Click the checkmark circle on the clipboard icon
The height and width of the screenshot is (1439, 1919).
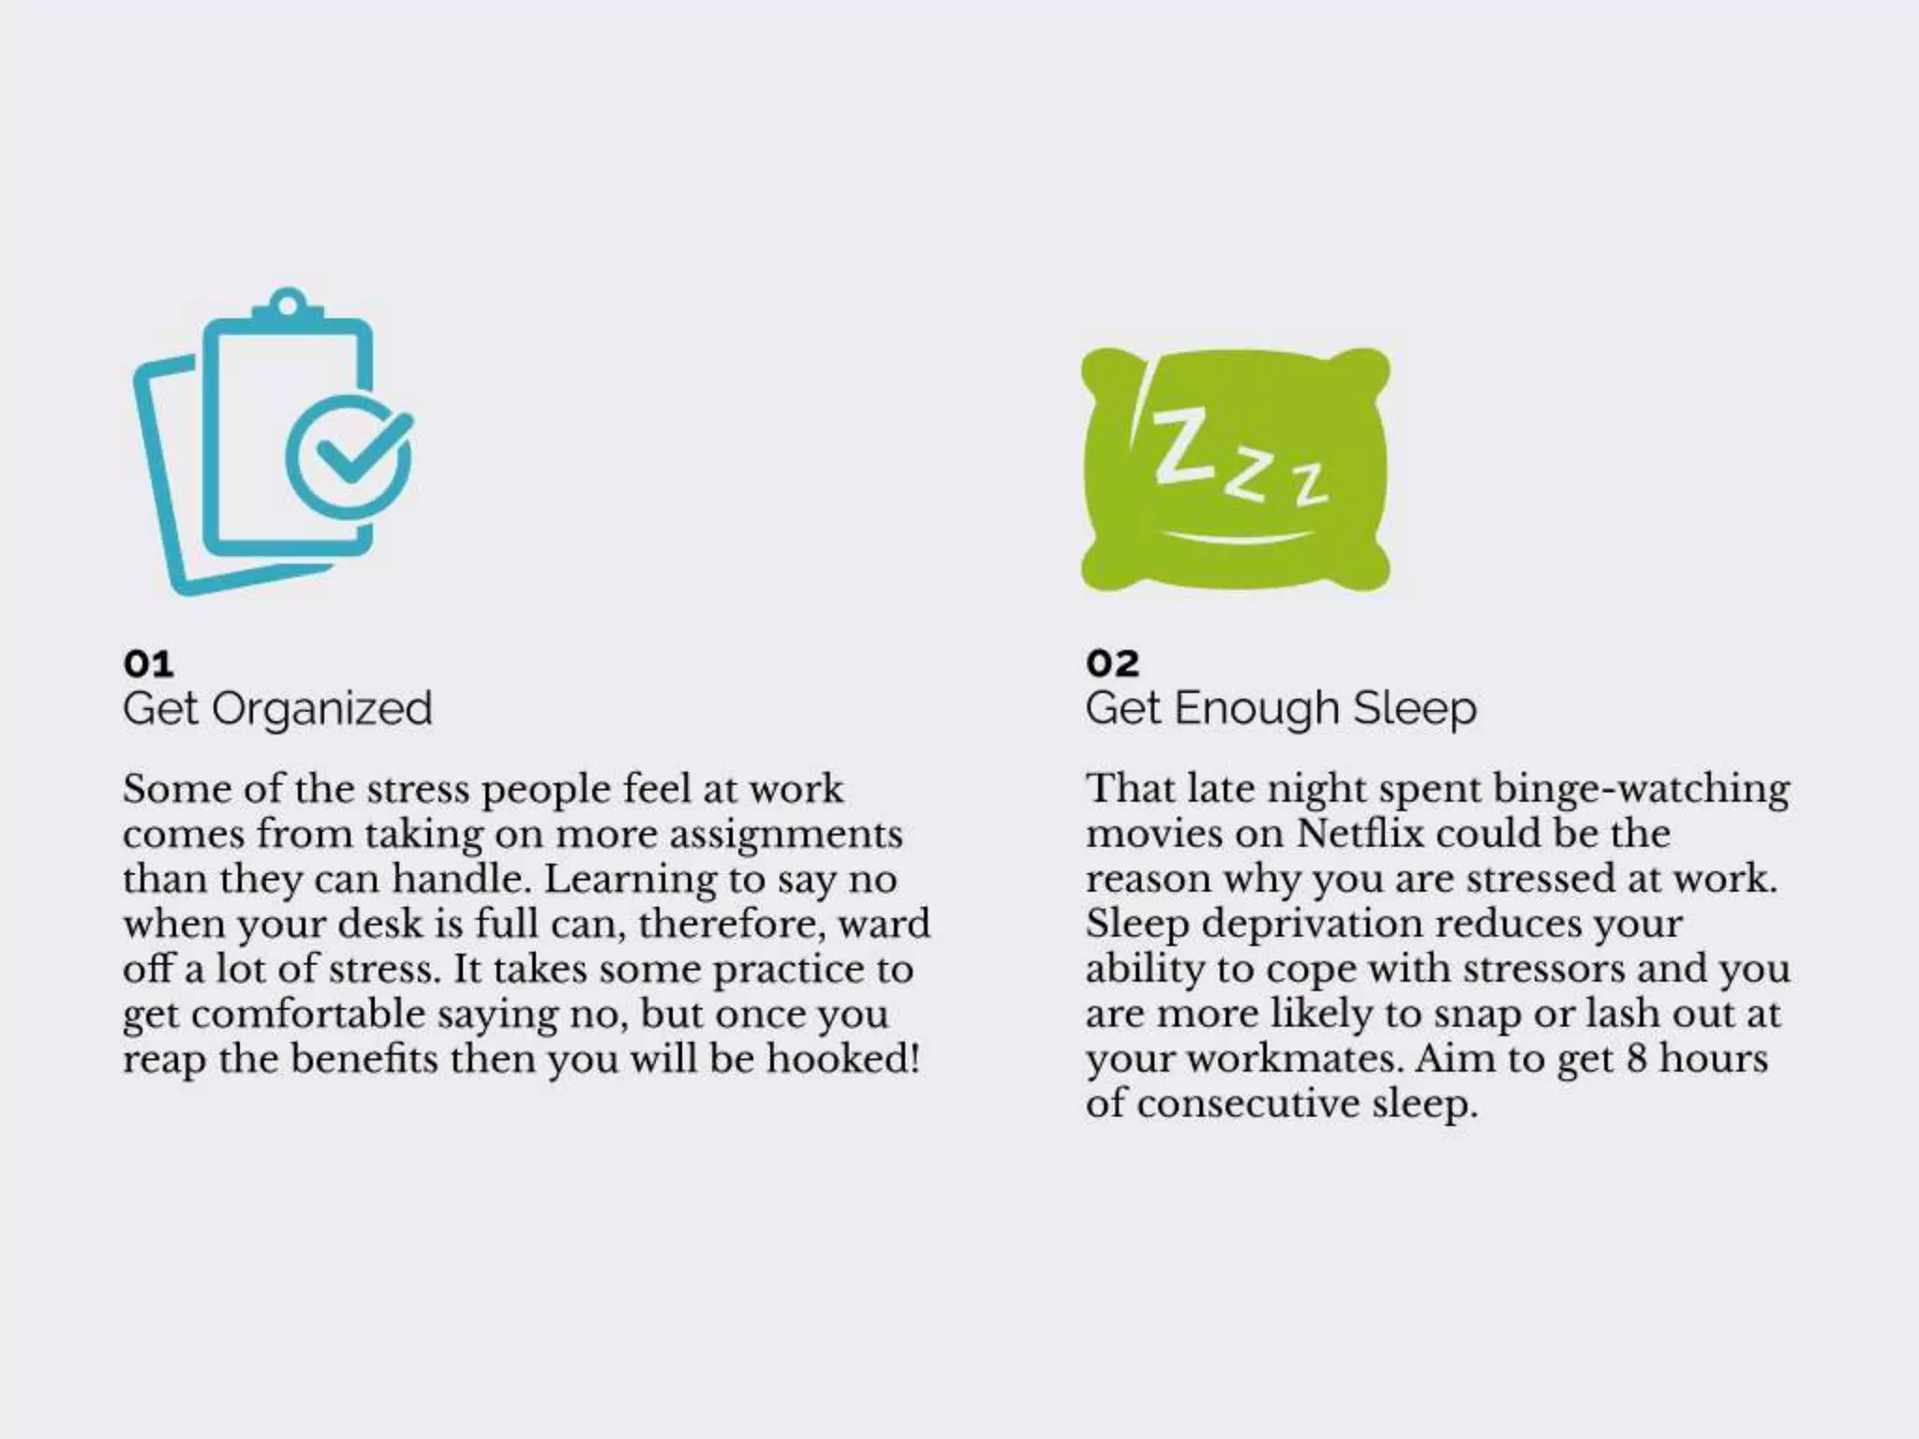pos(349,457)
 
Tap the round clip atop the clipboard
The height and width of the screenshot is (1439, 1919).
pos(288,304)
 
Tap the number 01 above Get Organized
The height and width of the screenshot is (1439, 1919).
pos(148,663)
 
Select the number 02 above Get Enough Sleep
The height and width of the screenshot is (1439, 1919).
pos(1112,663)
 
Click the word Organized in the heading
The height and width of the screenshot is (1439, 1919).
pos(321,710)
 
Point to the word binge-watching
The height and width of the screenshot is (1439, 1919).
pos(1641,789)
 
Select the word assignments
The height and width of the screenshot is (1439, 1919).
pos(785,834)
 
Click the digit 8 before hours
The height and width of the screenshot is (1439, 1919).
pos(1636,1059)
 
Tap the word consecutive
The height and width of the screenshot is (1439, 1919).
pos(1248,1104)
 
